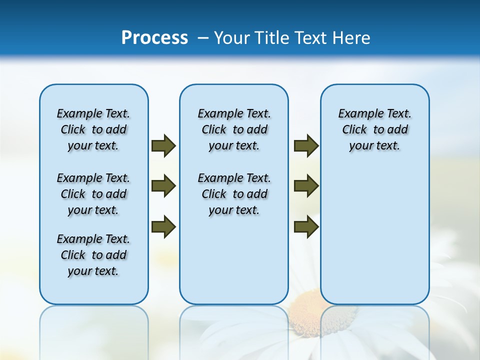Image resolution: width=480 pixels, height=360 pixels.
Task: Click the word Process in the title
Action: pyautogui.click(x=154, y=38)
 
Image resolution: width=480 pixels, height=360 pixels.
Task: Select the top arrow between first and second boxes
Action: pyautogui.click(x=163, y=145)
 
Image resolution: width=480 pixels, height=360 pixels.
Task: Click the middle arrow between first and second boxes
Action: pyautogui.click(x=163, y=186)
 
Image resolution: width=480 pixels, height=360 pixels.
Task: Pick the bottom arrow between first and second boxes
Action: pyautogui.click(x=163, y=226)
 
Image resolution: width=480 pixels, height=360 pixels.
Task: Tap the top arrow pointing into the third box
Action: pyautogui.click(x=306, y=145)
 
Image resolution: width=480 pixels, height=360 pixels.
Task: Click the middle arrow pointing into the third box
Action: pyautogui.click(x=306, y=186)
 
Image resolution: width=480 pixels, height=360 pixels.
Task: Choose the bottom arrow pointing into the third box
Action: pyautogui.click(x=306, y=226)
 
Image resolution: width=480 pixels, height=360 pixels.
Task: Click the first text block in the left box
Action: pyautogui.click(x=93, y=129)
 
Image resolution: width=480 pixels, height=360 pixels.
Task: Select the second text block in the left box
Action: pyautogui.click(x=93, y=194)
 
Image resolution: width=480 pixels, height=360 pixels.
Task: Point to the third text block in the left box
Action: pyautogui.click(x=93, y=255)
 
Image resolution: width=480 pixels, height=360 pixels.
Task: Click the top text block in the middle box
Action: pyautogui.click(x=234, y=129)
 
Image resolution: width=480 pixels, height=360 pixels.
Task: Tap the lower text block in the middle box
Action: pyautogui.click(x=234, y=194)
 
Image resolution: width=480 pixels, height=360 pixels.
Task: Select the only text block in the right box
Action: pyautogui.click(x=374, y=129)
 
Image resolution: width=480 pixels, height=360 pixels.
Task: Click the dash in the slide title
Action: pyautogui.click(x=203, y=38)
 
